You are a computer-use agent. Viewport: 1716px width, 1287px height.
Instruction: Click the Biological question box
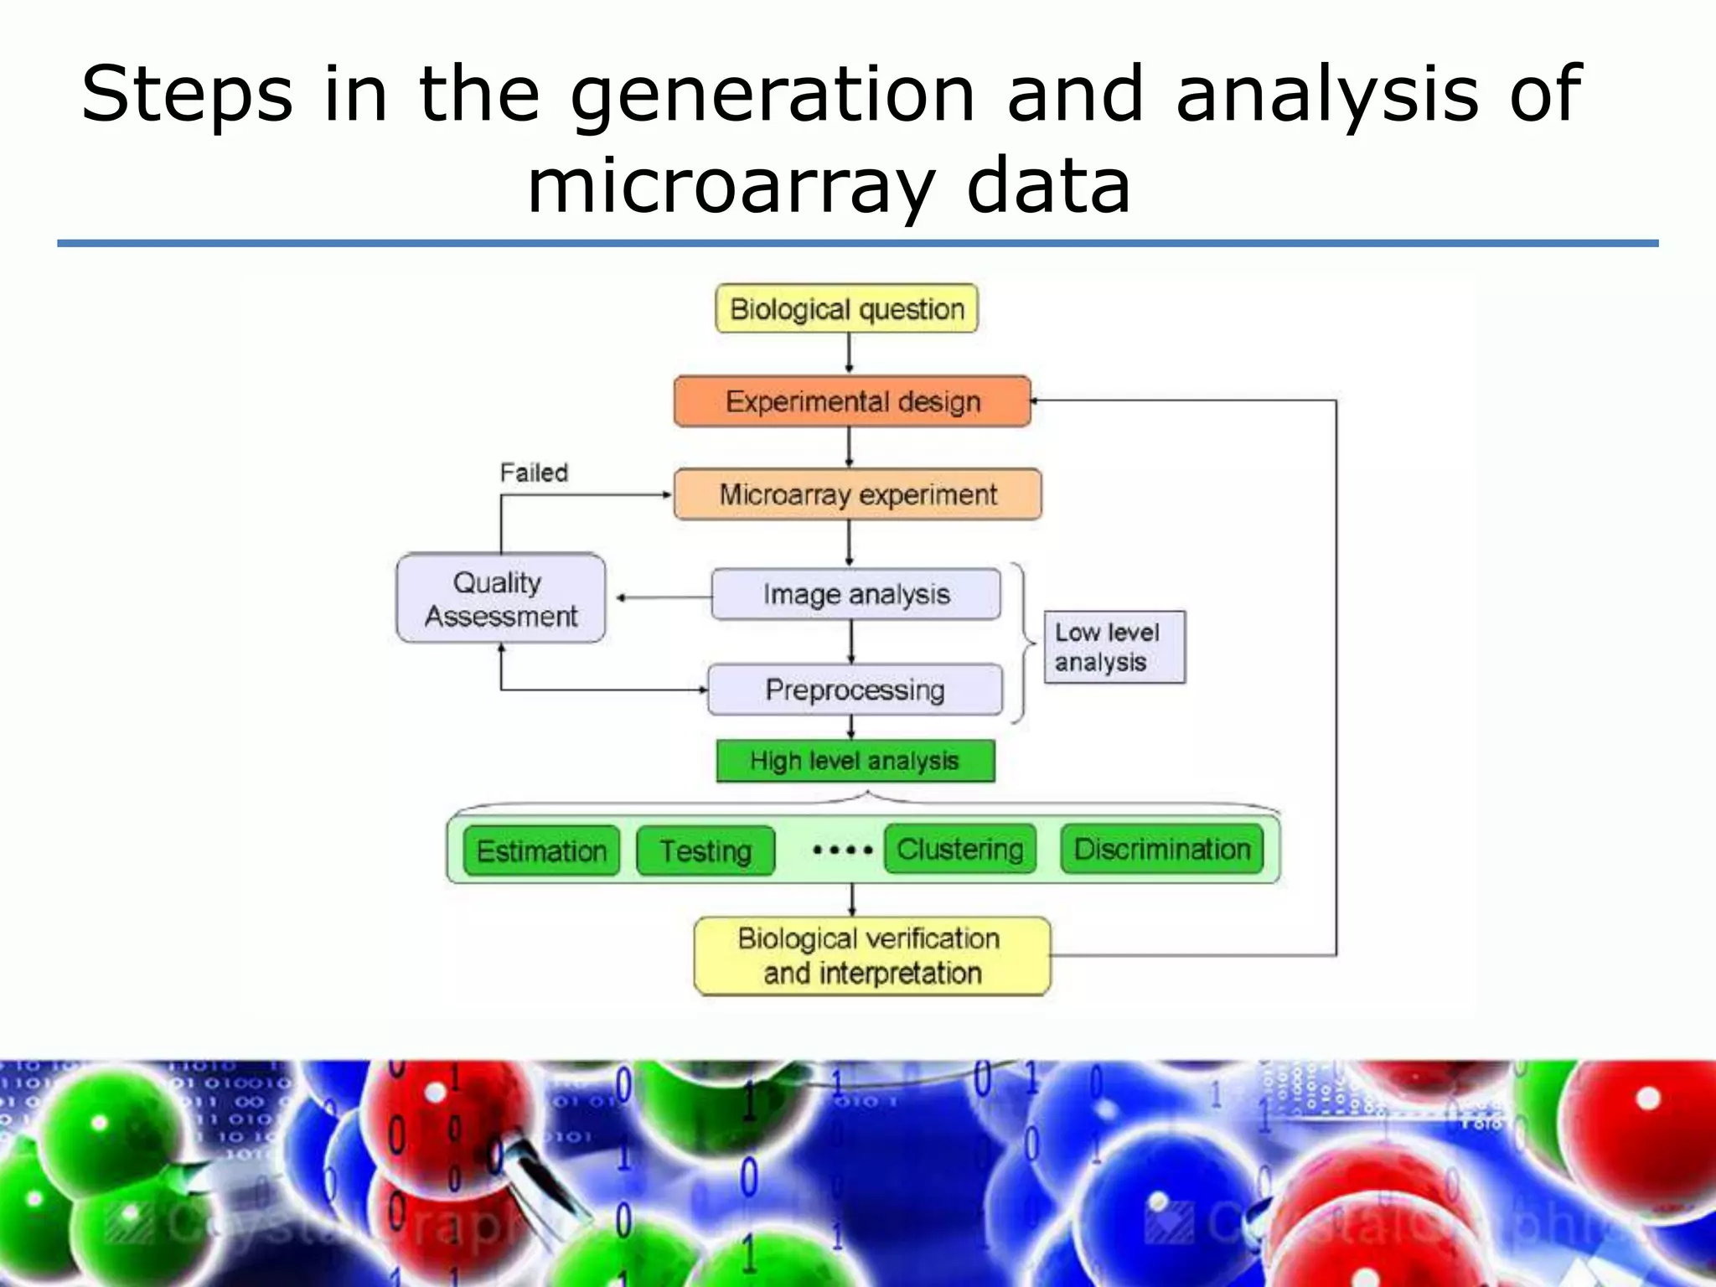pyautogui.click(x=846, y=309)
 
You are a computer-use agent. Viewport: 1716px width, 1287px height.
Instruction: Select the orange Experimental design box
pyautogui.click(x=852, y=401)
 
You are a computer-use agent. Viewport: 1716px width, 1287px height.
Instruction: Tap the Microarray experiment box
pyautogui.click(x=858, y=494)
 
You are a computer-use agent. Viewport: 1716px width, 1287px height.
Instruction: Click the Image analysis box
pyautogui.click(x=855, y=594)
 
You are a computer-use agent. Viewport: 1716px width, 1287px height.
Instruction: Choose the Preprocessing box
pyautogui.click(x=855, y=690)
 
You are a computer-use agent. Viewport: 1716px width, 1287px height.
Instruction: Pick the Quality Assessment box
pyautogui.click(x=500, y=598)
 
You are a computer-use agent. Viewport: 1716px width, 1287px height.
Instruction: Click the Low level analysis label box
pyautogui.click(x=1114, y=647)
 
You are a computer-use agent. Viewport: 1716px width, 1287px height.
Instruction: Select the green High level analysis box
pyautogui.click(x=855, y=761)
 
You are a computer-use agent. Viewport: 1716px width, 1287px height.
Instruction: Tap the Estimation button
pyautogui.click(x=541, y=851)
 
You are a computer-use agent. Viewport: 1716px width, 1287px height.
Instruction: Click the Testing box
pyautogui.click(x=706, y=851)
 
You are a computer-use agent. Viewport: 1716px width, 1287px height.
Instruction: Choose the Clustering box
pyautogui.click(x=960, y=850)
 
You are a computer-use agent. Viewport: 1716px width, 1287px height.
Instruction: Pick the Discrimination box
pyautogui.click(x=1161, y=850)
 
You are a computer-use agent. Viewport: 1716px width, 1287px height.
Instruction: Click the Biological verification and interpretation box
pyautogui.click(x=871, y=956)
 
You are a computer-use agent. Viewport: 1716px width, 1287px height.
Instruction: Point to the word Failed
pyautogui.click(x=534, y=473)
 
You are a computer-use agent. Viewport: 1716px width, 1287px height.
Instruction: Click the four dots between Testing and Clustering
pyautogui.click(x=842, y=850)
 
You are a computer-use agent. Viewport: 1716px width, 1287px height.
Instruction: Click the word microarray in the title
pyautogui.click(x=729, y=186)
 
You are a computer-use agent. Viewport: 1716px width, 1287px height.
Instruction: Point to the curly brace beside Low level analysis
pyautogui.click(x=1023, y=643)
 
